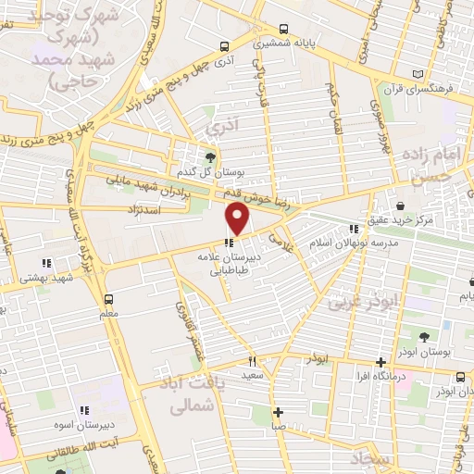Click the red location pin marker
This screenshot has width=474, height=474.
[238, 219]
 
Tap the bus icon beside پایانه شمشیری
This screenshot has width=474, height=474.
[283, 28]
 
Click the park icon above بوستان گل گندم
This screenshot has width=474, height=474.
[211, 156]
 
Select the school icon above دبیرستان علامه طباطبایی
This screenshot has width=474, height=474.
[228, 243]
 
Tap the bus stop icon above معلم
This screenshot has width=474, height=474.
[109, 298]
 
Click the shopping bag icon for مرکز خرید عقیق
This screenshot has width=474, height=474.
[399, 206]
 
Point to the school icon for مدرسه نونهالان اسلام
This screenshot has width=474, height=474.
[352, 228]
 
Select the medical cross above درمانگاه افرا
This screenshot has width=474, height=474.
[380, 362]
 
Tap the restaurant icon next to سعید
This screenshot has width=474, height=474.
[250, 360]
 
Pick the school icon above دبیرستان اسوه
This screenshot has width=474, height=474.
[84, 410]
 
